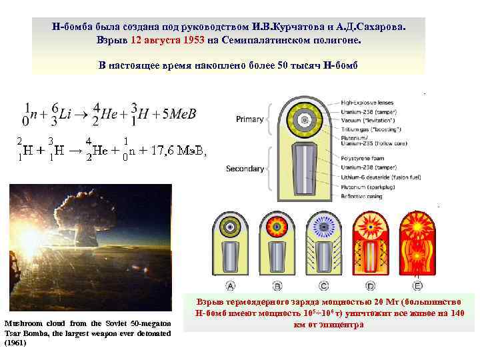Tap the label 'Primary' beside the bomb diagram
coord(250,119)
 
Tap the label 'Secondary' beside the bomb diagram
coord(245,169)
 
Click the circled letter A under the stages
coord(231,286)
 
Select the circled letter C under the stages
coord(323,286)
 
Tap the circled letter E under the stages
coord(417,286)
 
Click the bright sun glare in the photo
coord(30,237)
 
